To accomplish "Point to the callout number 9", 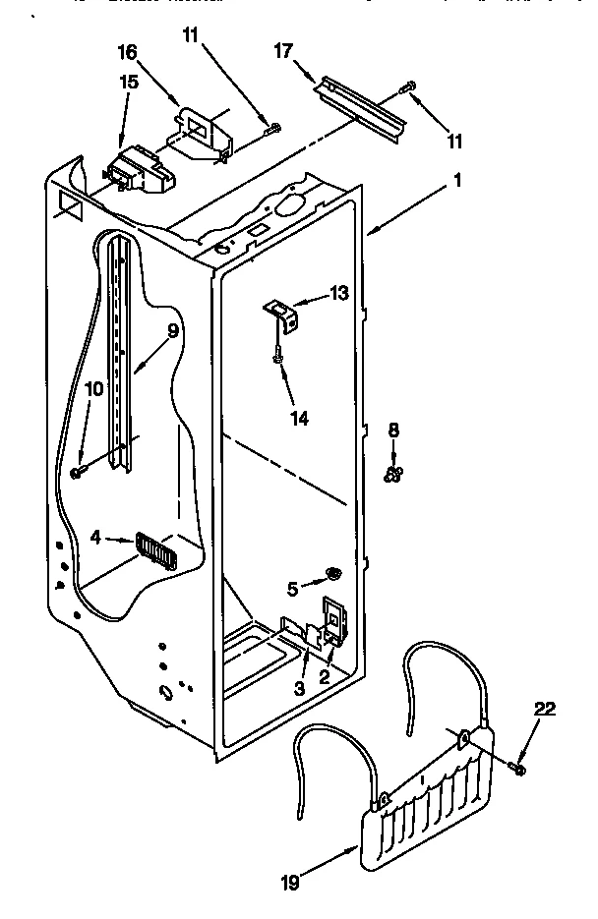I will [172, 332].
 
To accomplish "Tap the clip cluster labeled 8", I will [393, 475].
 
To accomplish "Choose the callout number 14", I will [299, 418].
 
